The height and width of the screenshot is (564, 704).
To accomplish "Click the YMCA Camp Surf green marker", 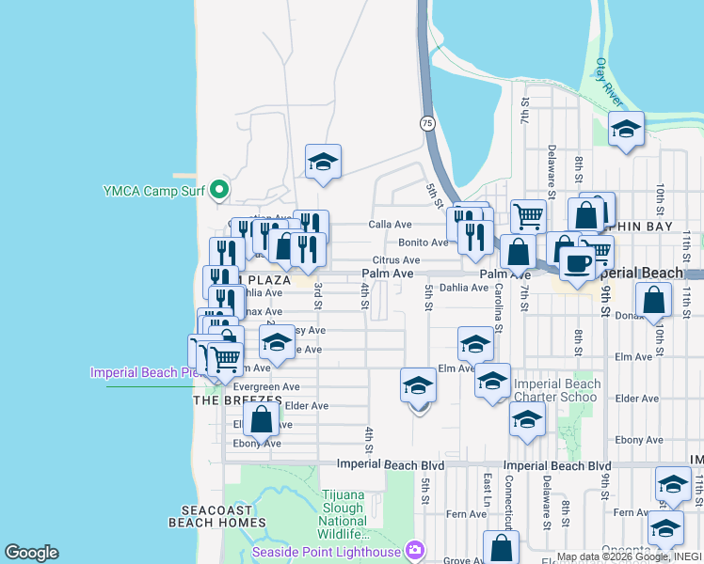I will click(x=219, y=191).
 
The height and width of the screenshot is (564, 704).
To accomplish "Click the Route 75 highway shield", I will click(x=427, y=123).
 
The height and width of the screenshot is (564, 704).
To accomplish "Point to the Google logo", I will click(x=31, y=553).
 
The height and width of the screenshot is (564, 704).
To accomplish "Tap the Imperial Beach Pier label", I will click(x=147, y=372).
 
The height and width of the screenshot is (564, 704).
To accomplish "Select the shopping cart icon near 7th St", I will click(x=528, y=216).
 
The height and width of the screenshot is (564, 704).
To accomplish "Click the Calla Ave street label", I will click(x=391, y=225).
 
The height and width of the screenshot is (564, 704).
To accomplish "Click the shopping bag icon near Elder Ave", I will click(x=262, y=419).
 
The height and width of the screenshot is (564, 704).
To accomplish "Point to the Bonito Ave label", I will click(x=423, y=243).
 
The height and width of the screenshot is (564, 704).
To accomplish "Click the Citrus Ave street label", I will click(x=395, y=260).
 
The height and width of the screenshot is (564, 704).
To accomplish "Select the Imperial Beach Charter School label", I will click(x=557, y=390).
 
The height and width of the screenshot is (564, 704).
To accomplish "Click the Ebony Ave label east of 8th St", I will click(x=637, y=440).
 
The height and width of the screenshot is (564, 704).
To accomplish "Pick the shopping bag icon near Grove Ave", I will click(x=501, y=548).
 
